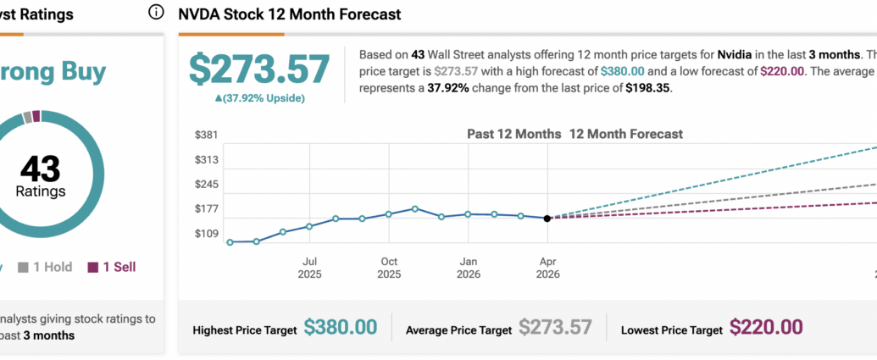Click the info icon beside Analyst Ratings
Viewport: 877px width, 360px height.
pyautogui.click(x=155, y=12)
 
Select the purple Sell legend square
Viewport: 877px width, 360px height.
pyautogui.click(x=92, y=268)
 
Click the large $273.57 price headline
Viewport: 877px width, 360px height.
pyautogui.click(x=258, y=69)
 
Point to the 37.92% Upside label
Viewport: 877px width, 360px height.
pyautogui.click(x=259, y=98)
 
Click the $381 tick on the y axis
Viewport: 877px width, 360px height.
pyautogui.click(x=208, y=135)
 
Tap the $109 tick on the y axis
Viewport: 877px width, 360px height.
pyautogui.click(x=208, y=234)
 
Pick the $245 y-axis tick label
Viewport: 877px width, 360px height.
pyautogui.click(x=208, y=185)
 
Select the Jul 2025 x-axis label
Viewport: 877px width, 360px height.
pyautogui.click(x=310, y=268)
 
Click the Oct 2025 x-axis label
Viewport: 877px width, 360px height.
pyautogui.click(x=389, y=268)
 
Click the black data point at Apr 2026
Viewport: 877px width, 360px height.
pyautogui.click(x=547, y=219)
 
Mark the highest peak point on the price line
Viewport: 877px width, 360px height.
pyautogui.click(x=415, y=208)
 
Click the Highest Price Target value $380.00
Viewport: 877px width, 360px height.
pyautogui.click(x=340, y=328)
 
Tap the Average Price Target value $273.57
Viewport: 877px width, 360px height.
pyautogui.click(x=555, y=328)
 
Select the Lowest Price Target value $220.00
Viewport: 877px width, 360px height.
pyautogui.click(x=766, y=328)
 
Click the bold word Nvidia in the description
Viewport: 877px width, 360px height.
pyautogui.click(x=725, y=53)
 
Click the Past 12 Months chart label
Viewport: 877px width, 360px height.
pyautogui.click(x=514, y=134)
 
